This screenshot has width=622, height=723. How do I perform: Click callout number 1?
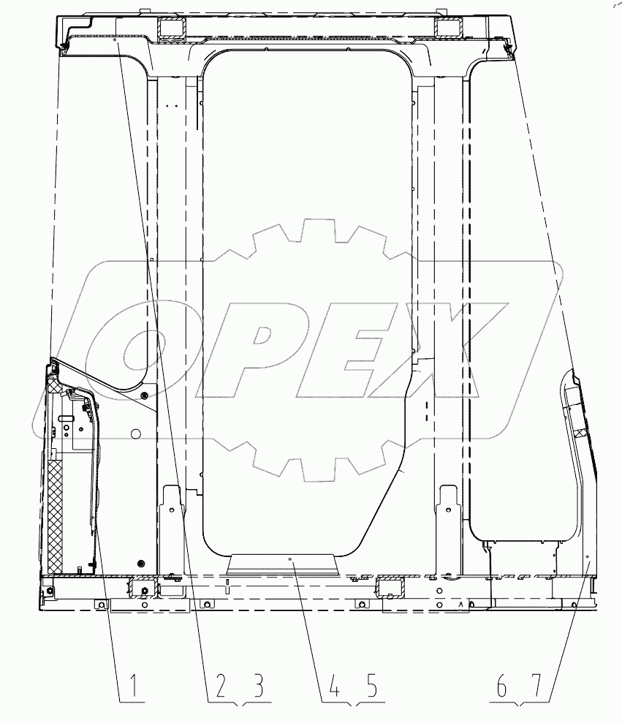tap(133, 685)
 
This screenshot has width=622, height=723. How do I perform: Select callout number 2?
tap(221, 685)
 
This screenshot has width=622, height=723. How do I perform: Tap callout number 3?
tap(258, 685)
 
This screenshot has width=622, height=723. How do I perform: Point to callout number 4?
tap(334, 685)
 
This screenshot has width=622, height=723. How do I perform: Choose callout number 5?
tap(371, 685)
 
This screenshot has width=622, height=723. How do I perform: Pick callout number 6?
tap(501, 685)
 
